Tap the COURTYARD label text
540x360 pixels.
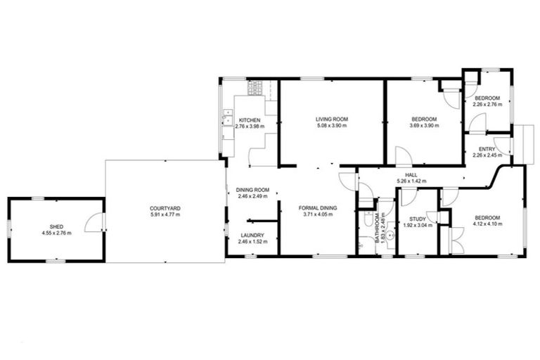coord(165,208)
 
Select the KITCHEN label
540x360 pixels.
coord(250,120)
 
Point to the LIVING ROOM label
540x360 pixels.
coord(332,120)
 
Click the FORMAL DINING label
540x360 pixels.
coord(318,208)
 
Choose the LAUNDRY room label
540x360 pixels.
coord(250,236)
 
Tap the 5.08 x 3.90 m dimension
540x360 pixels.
coord(332,127)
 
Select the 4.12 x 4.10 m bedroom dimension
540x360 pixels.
coord(484,224)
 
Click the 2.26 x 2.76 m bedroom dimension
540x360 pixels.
coord(487,104)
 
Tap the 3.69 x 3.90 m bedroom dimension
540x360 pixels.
coord(425,127)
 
